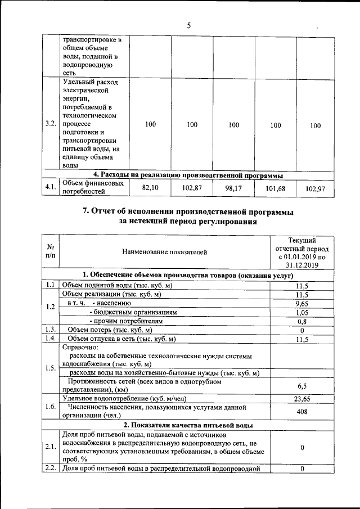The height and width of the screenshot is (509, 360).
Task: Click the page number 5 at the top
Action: [x=189, y=25]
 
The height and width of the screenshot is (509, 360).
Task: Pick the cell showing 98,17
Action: [x=233, y=189]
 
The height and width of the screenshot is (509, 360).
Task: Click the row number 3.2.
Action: [x=51, y=125]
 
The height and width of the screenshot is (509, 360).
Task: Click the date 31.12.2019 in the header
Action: [x=301, y=264]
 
